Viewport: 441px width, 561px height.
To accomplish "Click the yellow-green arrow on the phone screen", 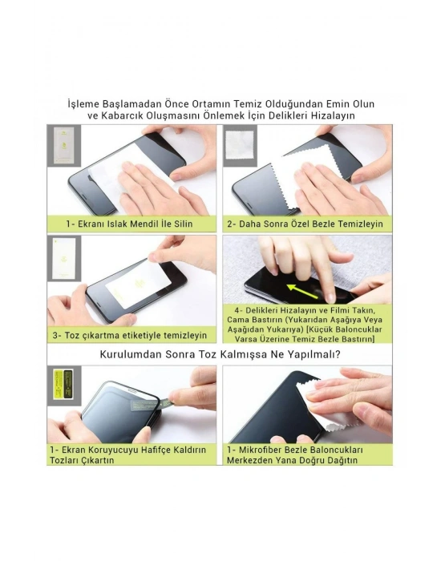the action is [x=302, y=291].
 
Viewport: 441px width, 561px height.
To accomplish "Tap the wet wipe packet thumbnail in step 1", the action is [x=64, y=146].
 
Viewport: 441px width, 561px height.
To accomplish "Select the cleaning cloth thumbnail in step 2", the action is [x=240, y=144].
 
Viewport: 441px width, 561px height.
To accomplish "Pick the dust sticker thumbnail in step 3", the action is [x=64, y=258].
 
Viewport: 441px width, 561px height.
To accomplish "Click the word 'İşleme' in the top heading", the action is [x=83, y=104].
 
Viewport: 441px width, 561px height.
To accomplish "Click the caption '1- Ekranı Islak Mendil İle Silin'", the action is [x=129, y=224].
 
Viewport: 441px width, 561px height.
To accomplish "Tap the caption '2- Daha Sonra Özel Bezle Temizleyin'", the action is [x=305, y=224].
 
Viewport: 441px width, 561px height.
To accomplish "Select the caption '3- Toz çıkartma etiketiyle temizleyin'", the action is [x=130, y=336].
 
